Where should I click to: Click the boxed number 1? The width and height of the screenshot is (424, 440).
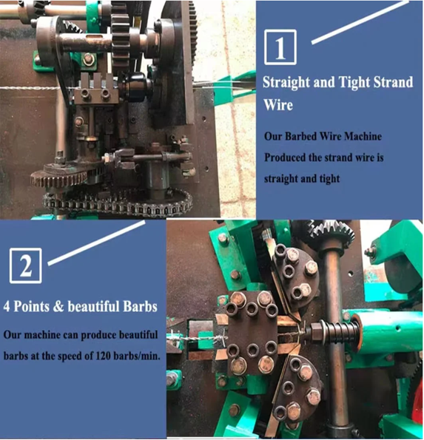coord(280,47)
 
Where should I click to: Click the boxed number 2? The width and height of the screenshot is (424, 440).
coord(26,265)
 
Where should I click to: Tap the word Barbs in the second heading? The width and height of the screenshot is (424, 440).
coord(140,306)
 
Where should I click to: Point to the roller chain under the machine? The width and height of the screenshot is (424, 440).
coord(118,203)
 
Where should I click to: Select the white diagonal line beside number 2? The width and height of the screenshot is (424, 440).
coord(96,243)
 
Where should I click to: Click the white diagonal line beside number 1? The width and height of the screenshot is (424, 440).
coord(360,22)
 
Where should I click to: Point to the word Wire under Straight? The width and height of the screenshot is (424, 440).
coord(278,105)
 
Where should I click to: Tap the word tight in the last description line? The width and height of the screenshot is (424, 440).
coord(329,179)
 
